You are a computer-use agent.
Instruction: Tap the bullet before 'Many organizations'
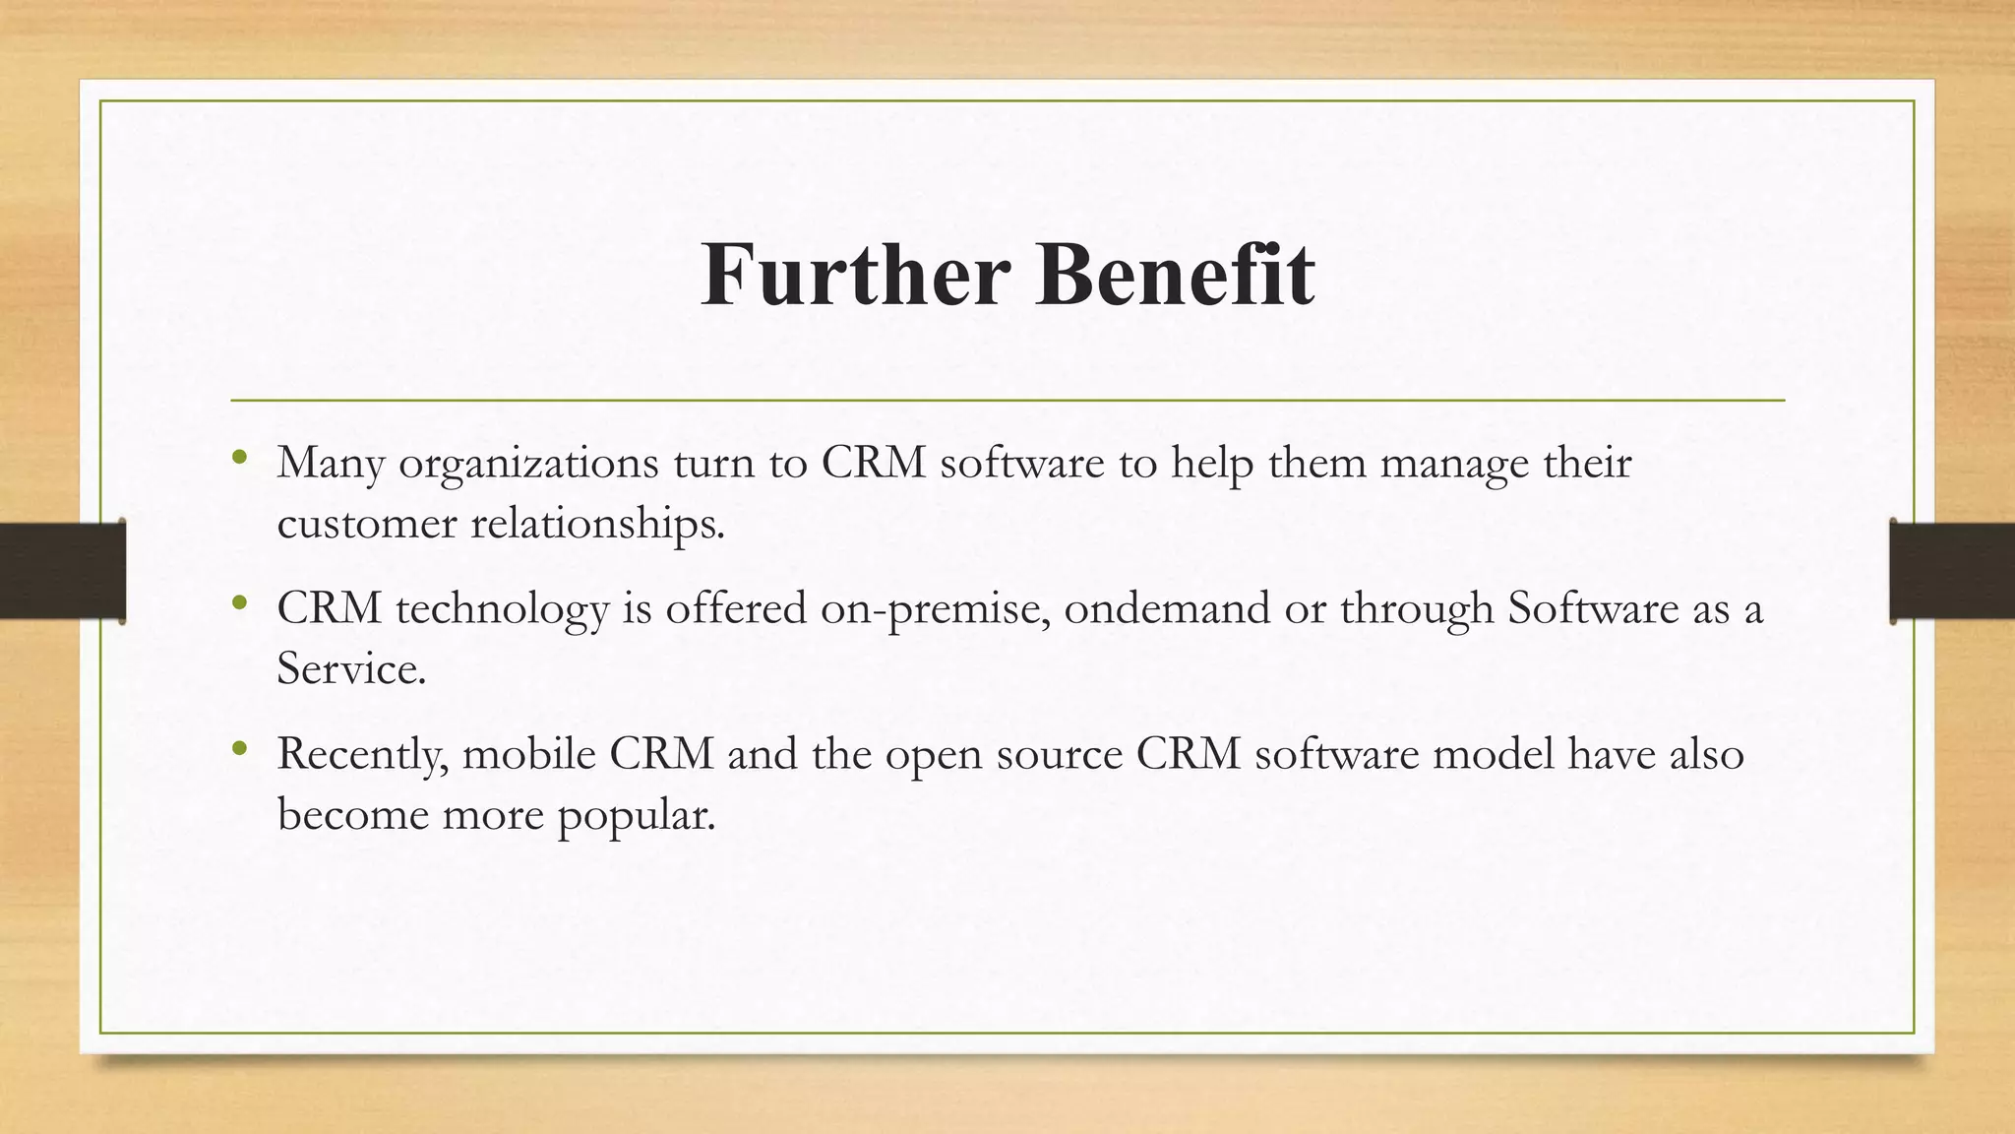coord(239,457)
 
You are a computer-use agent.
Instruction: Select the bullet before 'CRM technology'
coord(239,602)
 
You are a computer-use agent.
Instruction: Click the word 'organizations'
coord(528,464)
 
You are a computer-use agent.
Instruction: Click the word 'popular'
coord(635,816)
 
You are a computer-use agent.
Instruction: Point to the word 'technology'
coord(502,609)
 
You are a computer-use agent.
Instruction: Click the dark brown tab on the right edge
coord(1951,571)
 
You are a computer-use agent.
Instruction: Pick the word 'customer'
coord(367,524)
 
